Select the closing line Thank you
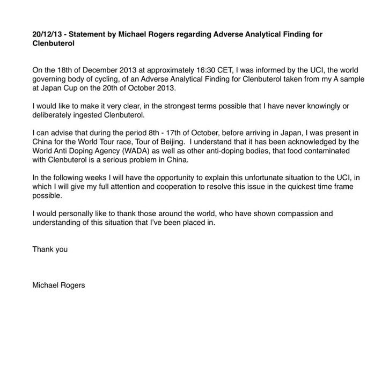coord(50,249)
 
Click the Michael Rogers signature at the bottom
coord(58,285)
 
